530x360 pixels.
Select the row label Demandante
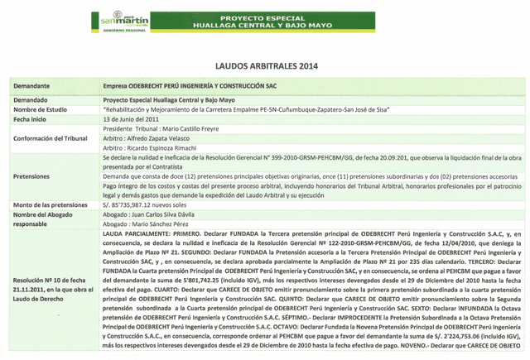coord(36,85)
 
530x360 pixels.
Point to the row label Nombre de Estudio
coord(46,108)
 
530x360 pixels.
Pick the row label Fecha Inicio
coord(34,119)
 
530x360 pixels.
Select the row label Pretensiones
coord(36,175)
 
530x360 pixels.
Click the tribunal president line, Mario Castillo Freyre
coord(165,129)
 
